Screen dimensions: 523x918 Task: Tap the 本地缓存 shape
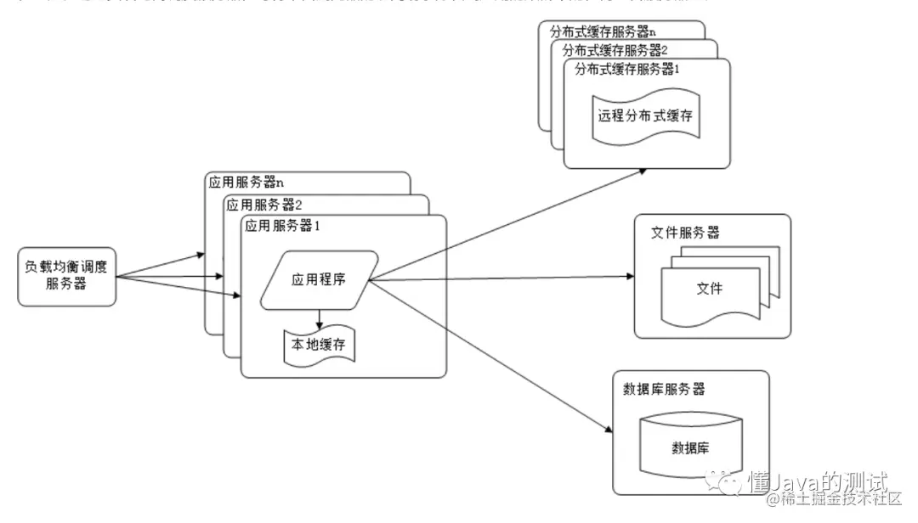[x=319, y=346]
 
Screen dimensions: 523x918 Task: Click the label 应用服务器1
[x=281, y=226]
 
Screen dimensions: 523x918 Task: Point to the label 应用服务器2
[x=264, y=204]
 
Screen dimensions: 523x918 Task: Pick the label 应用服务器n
[x=246, y=183]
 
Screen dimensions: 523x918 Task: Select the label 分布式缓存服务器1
[x=627, y=69]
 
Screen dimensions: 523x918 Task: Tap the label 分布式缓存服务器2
[x=615, y=49]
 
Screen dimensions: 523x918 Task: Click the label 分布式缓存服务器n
[x=603, y=31]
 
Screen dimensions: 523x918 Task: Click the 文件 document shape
[x=710, y=289]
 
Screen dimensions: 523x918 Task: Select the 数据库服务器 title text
[x=664, y=389]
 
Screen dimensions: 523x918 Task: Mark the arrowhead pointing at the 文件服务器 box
[x=630, y=277]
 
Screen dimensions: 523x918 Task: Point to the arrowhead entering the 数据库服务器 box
[x=607, y=430]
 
